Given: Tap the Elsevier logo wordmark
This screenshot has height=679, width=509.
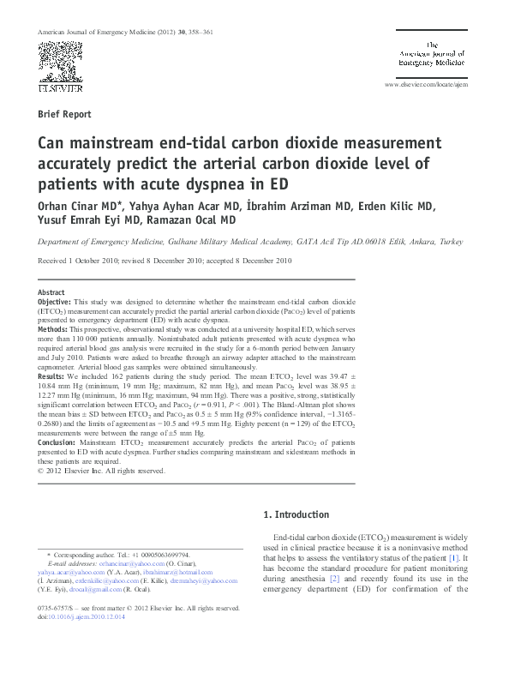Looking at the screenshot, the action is point(58,87).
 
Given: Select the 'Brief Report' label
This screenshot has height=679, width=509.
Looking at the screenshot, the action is point(64,114).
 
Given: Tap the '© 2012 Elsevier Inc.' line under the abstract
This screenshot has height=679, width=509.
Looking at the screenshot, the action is point(101,471).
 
